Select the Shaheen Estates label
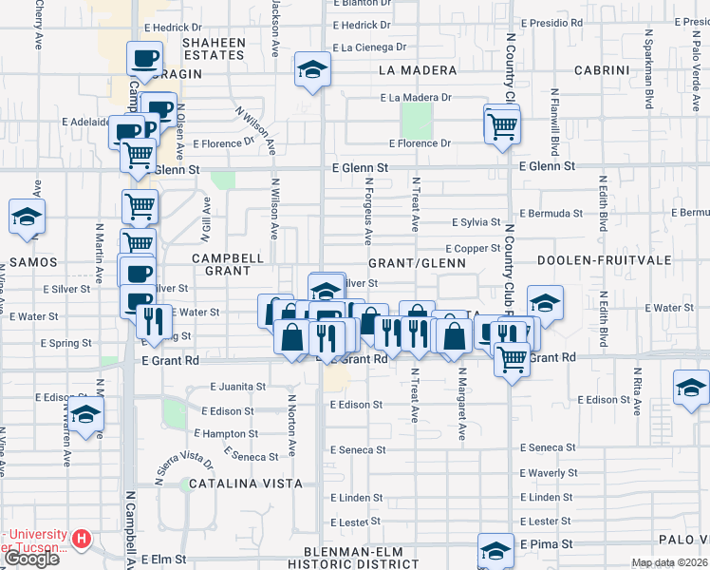click(x=214, y=48)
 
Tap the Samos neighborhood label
click(x=35, y=261)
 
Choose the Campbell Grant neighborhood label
click(x=228, y=264)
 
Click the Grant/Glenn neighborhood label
click(x=417, y=262)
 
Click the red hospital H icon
click(x=82, y=540)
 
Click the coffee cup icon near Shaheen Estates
click(x=145, y=60)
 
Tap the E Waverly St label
click(x=549, y=473)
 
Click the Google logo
click(x=31, y=558)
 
